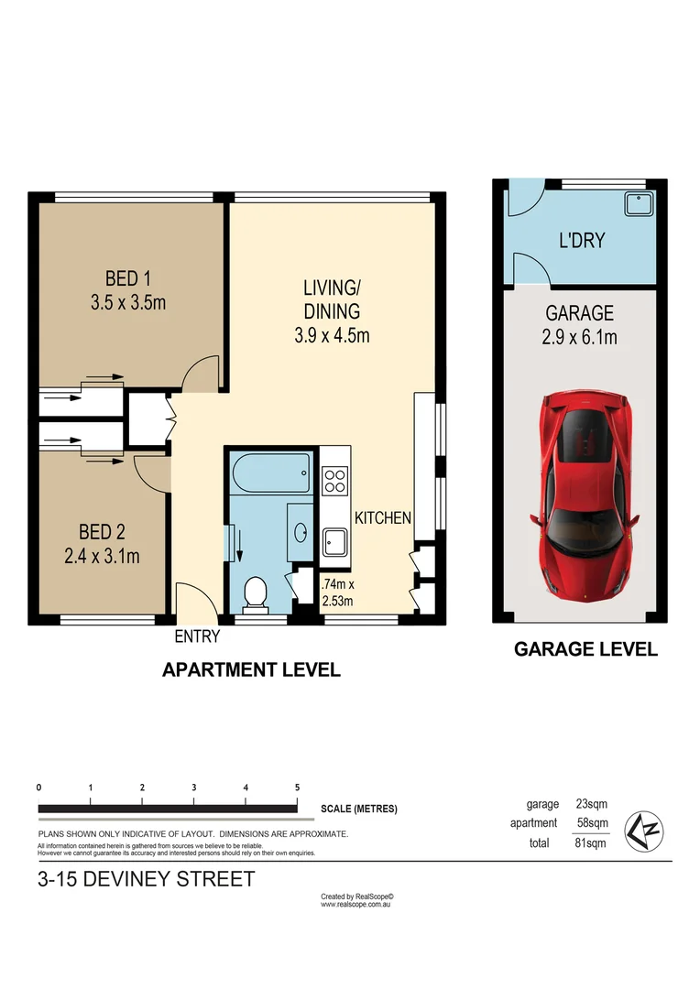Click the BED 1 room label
coord(128,278)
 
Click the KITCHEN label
coord(383,518)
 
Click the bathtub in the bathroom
coord(272,473)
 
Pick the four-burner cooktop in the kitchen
coord(334,480)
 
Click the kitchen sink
coord(334,543)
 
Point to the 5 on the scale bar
coord(297,788)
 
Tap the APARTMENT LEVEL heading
coord(251,670)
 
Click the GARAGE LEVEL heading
coord(585,649)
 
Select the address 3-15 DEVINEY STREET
coord(147,880)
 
